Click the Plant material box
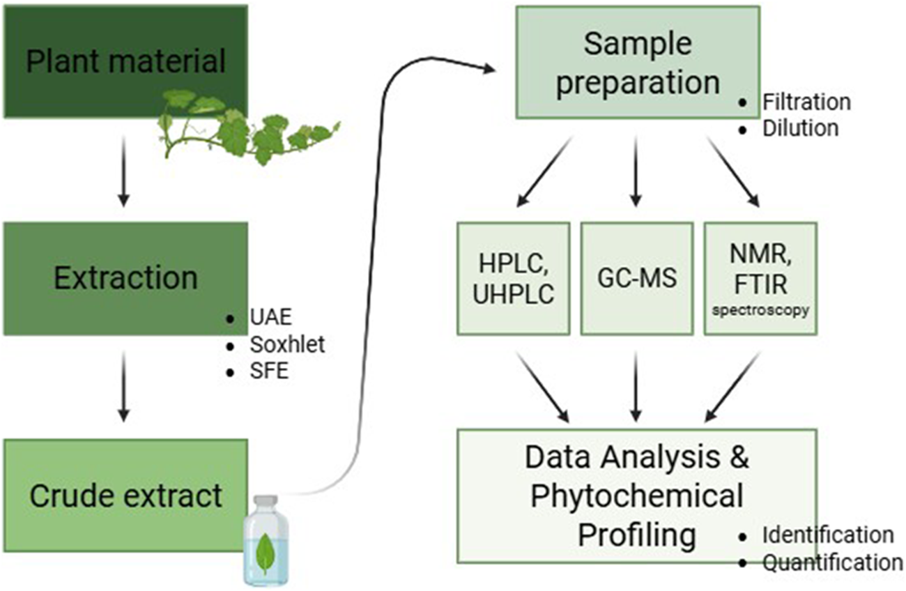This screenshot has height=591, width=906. click(125, 61)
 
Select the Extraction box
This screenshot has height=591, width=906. click(125, 279)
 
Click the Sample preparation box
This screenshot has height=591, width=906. click(637, 63)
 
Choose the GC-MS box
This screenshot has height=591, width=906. click(636, 279)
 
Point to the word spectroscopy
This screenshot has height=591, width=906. click(760, 311)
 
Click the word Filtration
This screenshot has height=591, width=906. click(806, 102)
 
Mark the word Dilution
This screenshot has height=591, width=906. click(800, 128)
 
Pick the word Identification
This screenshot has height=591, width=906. click(827, 535)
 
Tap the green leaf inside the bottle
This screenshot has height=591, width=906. click(266, 552)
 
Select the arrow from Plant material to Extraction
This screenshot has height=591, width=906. click(124, 171)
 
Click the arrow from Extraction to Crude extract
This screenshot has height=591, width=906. click(124, 387)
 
